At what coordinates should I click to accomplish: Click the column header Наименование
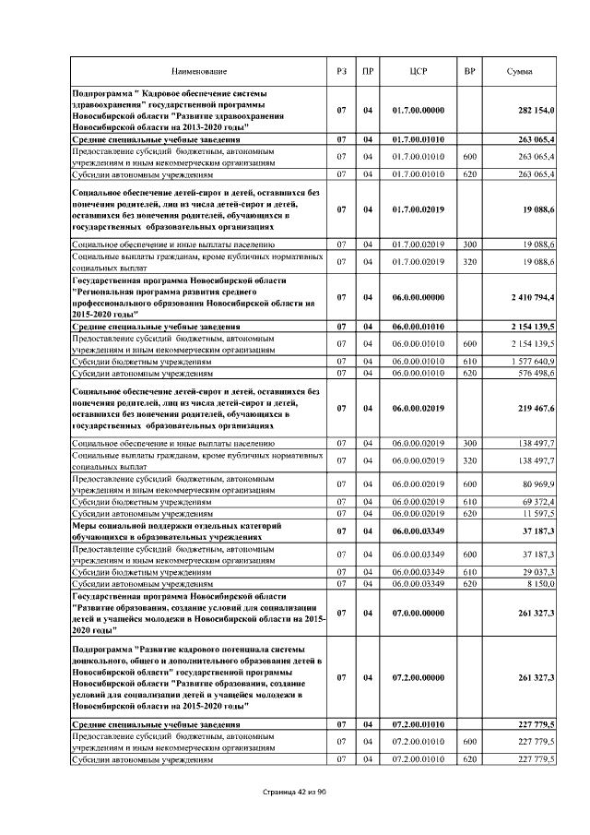(198, 71)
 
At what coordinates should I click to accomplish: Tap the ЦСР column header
(419, 71)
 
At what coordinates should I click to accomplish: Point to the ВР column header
(469, 71)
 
